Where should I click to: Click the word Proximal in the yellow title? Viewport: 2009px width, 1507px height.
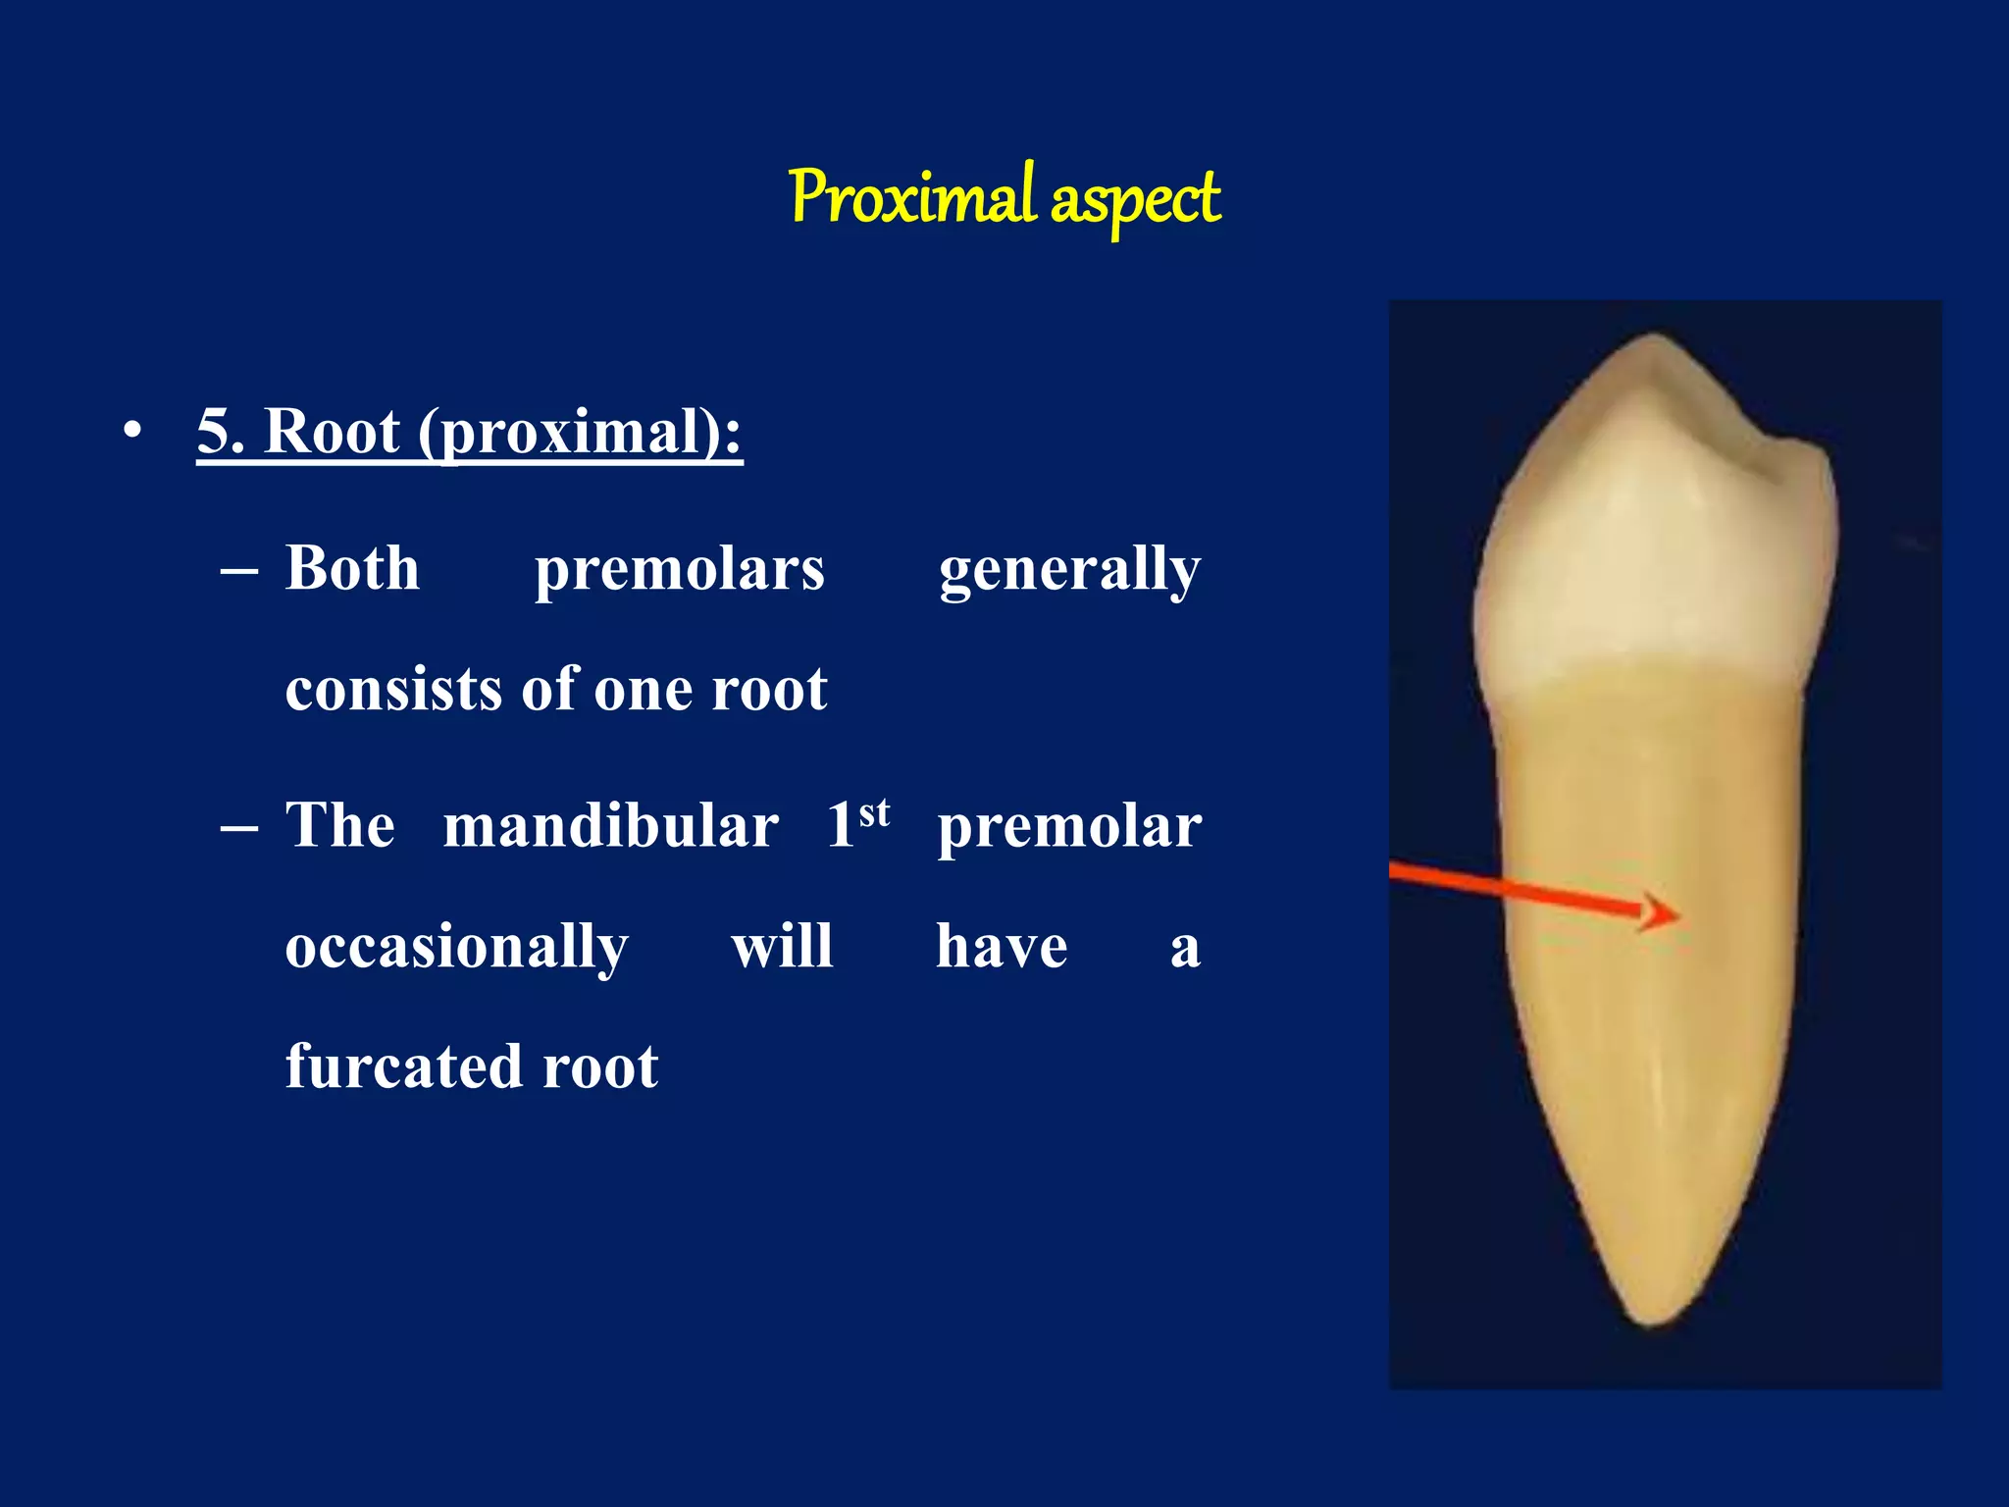pyautogui.click(x=912, y=198)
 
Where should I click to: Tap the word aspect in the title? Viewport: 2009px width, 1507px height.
pyautogui.click(x=1135, y=201)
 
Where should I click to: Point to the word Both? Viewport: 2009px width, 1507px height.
pyautogui.click(x=352, y=568)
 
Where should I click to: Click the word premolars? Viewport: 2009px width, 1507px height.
pyautogui.click(x=679, y=570)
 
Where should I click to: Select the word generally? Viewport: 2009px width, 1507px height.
pyautogui.click(x=1069, y=570)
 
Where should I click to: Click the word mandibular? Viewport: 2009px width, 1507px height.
pyautogui.click(x=610, y=825)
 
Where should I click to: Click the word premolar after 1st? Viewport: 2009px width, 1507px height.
pyautogui.click(x=1069, y=827)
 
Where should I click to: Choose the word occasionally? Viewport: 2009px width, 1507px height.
pyautogui.click(x=456, y=948)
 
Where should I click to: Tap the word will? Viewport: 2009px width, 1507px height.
pyautogui.click(x=782, y=946)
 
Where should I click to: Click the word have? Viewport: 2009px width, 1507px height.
pyautogui.click(x=1002, y=947)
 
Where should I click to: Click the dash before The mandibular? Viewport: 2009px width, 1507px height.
pyautogui.click(x=239, y=827)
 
